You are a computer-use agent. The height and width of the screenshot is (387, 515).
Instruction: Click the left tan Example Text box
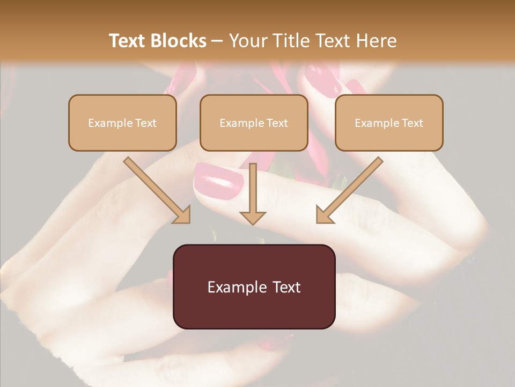[x=122, y=123]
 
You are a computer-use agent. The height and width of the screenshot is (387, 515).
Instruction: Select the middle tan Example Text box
[x=254, y=123]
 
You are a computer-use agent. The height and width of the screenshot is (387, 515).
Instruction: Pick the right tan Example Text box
[x=389, y=123]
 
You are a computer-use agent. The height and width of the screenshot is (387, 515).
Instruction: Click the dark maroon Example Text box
[x=254, y=286]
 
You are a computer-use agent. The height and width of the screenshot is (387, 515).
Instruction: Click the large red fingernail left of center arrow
[x=218, y=181]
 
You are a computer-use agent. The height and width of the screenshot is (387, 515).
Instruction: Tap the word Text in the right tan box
[x=412, y=123]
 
